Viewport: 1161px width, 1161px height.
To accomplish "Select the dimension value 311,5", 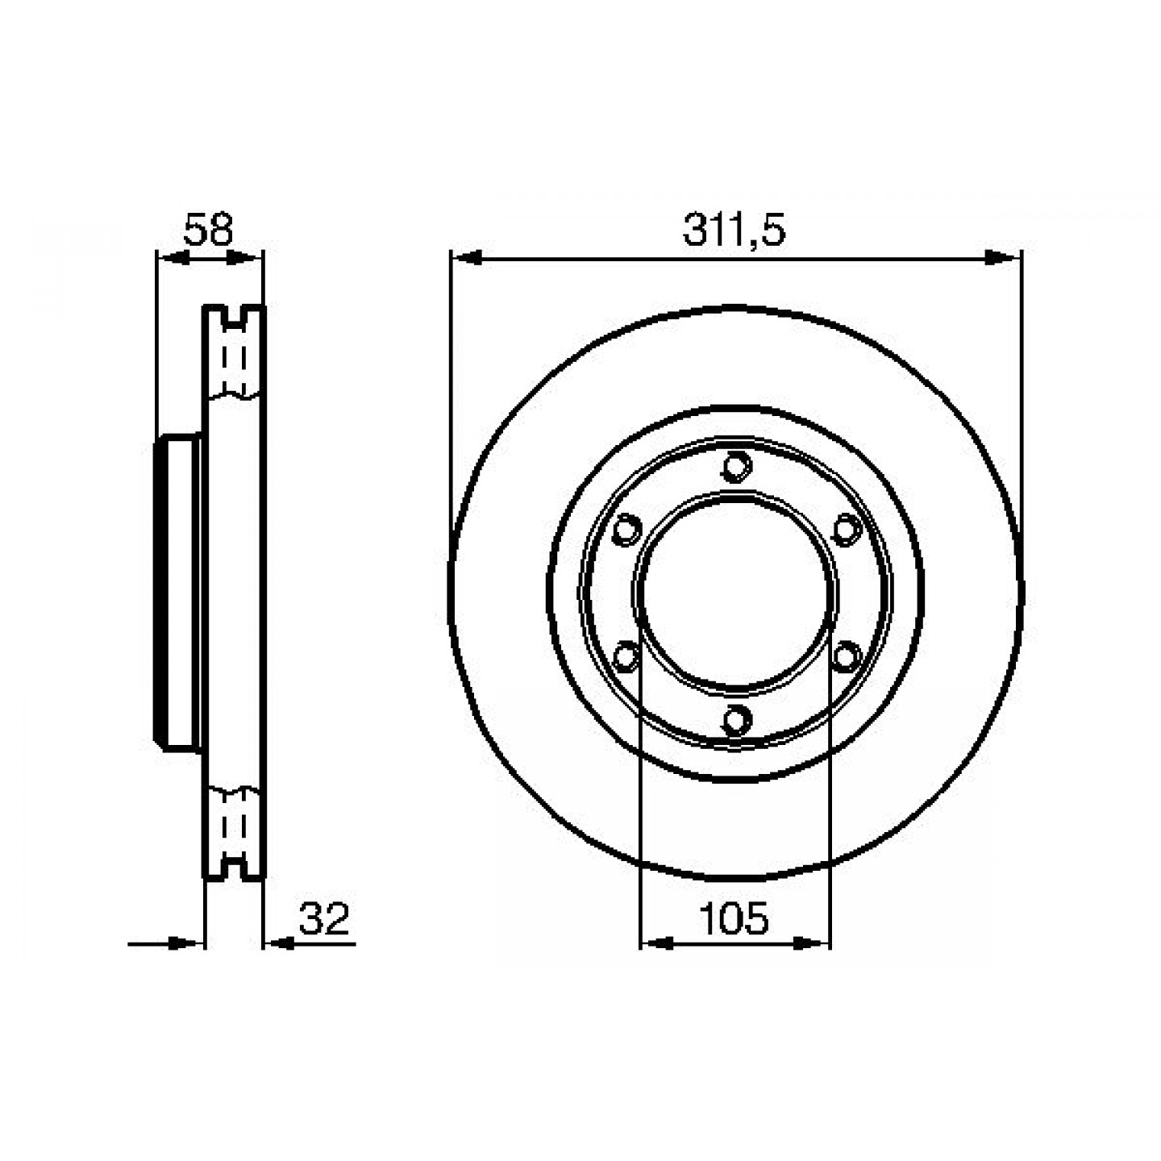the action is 734,230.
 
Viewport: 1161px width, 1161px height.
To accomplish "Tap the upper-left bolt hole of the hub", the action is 626,530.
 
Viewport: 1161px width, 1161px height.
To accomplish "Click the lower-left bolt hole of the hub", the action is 626,655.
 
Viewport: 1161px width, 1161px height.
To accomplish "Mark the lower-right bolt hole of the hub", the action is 847,655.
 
